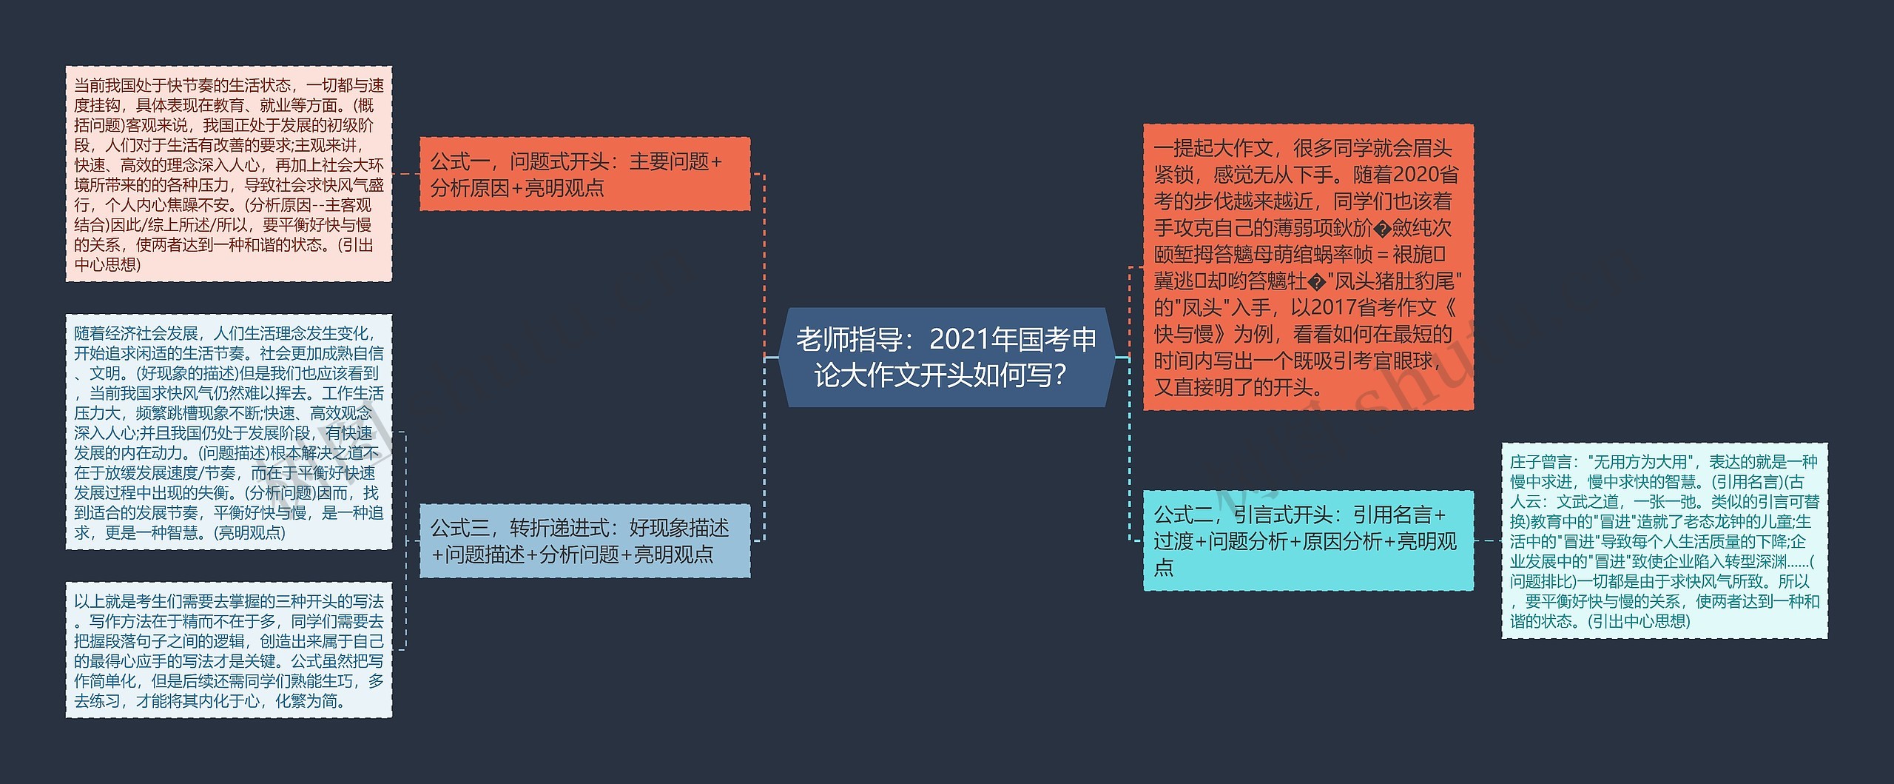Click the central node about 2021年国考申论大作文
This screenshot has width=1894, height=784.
coord(946,358)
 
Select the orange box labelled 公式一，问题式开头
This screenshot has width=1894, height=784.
coord(584,174)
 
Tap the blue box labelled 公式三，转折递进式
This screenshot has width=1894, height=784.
coord(584,540)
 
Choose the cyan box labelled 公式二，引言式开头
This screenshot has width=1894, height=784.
coord(1307,540)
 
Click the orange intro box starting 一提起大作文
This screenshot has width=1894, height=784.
coord(1307,267)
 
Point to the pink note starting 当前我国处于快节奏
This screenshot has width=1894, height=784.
coord(229,174)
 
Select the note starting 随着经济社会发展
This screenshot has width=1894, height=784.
coord(229,432)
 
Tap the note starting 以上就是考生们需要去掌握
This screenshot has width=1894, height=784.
coord(229,650)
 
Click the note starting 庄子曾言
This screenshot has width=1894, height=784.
coord(1664,540)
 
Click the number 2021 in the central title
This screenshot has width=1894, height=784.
coord(959,340)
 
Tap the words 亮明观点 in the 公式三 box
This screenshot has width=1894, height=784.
coord(673,554)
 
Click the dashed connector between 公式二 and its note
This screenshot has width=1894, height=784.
coord(1487,540)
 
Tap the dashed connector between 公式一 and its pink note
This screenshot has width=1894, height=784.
coord(405,174)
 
